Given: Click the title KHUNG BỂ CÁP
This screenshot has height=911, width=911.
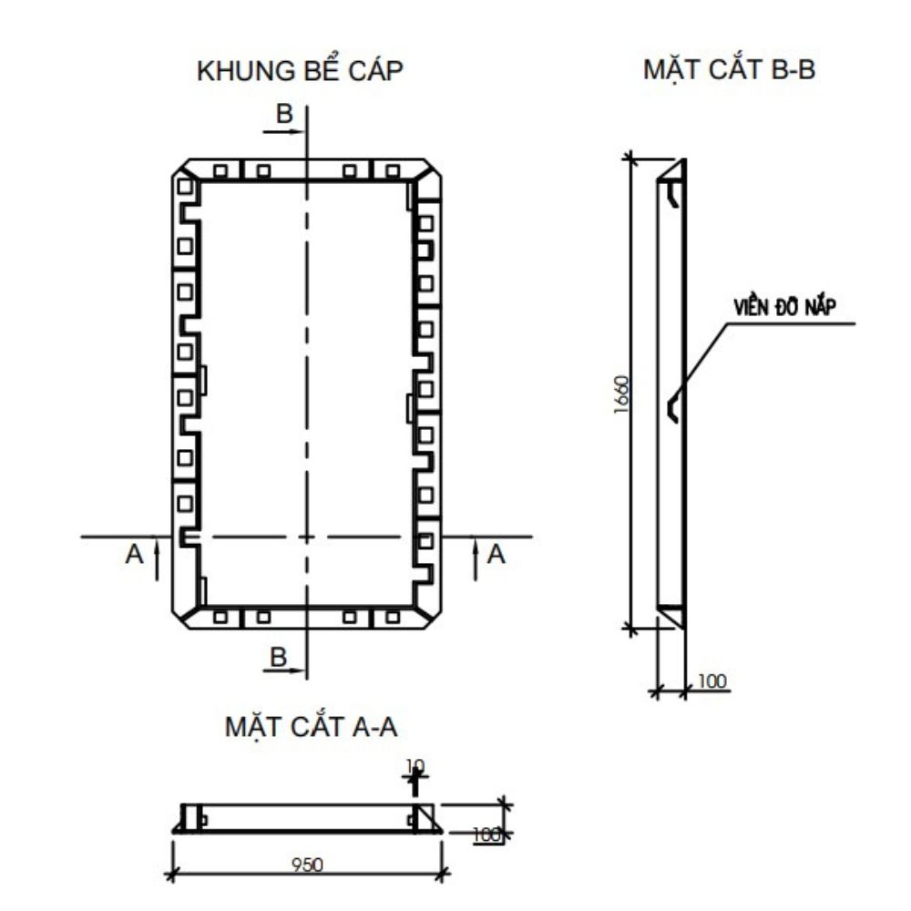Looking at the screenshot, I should point(300,73).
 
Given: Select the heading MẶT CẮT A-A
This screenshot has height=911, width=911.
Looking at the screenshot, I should point(311,728).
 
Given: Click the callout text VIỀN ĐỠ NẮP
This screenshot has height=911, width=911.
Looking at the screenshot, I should point(784,308).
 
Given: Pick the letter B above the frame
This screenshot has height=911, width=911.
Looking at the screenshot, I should point(285,115).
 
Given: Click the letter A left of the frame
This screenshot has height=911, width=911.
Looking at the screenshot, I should point(135,554).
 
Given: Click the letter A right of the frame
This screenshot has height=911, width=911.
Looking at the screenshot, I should point(496,554).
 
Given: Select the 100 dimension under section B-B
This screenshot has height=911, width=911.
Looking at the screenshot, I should point(713,681).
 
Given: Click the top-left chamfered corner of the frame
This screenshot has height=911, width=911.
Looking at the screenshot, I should point(186,170).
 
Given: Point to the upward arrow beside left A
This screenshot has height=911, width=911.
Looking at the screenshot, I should point(158,557).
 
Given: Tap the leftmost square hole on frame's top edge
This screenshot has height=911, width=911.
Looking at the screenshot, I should point(220,170).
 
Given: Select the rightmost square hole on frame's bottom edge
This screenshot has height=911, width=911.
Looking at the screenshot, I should point(393,617).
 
